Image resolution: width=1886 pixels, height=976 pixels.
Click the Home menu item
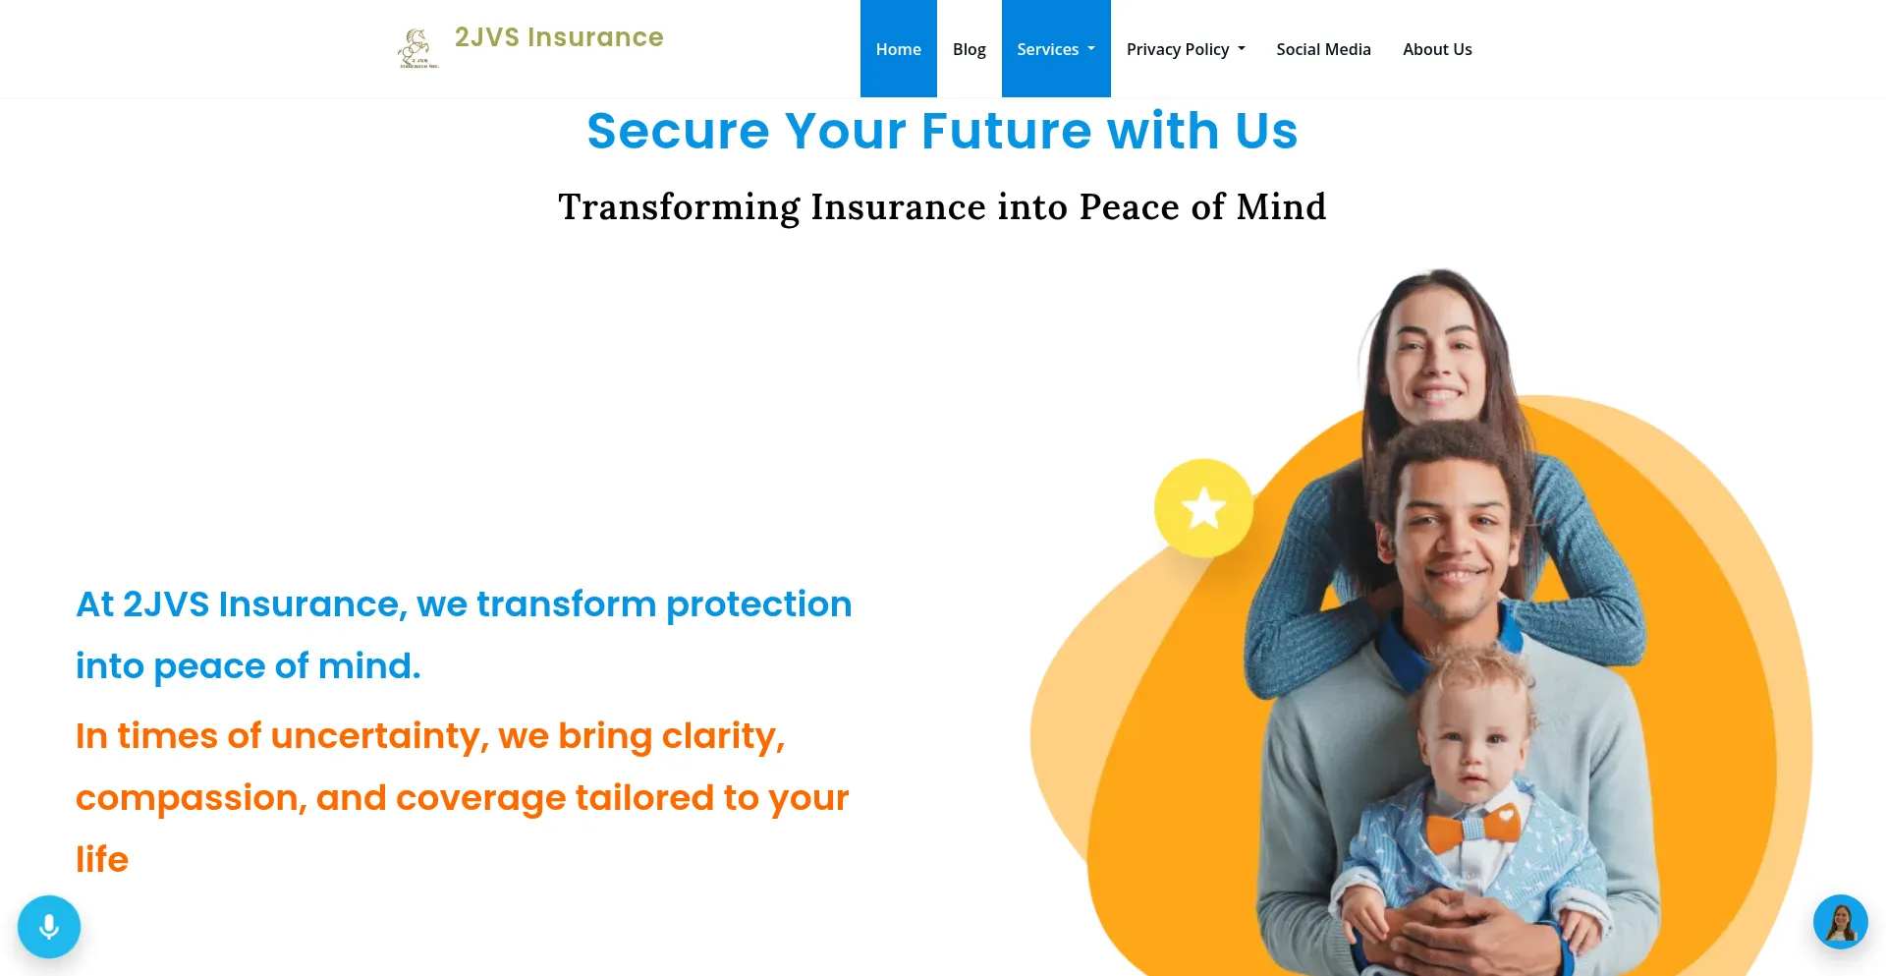coord(898,49)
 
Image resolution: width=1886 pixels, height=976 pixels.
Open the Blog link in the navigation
coord(969,49)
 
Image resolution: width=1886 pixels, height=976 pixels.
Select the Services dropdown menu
coord(1056,49)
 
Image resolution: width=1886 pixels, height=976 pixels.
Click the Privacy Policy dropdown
coord(1186,49)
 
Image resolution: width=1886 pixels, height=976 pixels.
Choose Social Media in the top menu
coord(1323,49)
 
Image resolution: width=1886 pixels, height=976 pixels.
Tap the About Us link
coord(1437,49)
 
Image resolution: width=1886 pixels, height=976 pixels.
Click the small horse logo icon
coord(417,48)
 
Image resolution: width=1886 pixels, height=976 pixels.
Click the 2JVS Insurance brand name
coord(559,37)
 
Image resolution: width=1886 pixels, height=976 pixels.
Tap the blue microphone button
coord(49,927)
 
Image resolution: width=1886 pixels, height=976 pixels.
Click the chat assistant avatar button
coord(1840,922)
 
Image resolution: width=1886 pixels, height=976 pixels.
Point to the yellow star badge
coord(1203,508)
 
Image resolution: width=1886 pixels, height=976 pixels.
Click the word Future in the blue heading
coord(1006,131)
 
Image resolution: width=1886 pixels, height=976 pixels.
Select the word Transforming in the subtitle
coord(679,207)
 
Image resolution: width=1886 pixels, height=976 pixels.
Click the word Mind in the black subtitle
coord(1281,206)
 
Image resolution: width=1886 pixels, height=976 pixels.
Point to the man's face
coord(1454,546)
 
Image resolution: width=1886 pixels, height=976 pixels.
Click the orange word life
coord(102,859)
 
